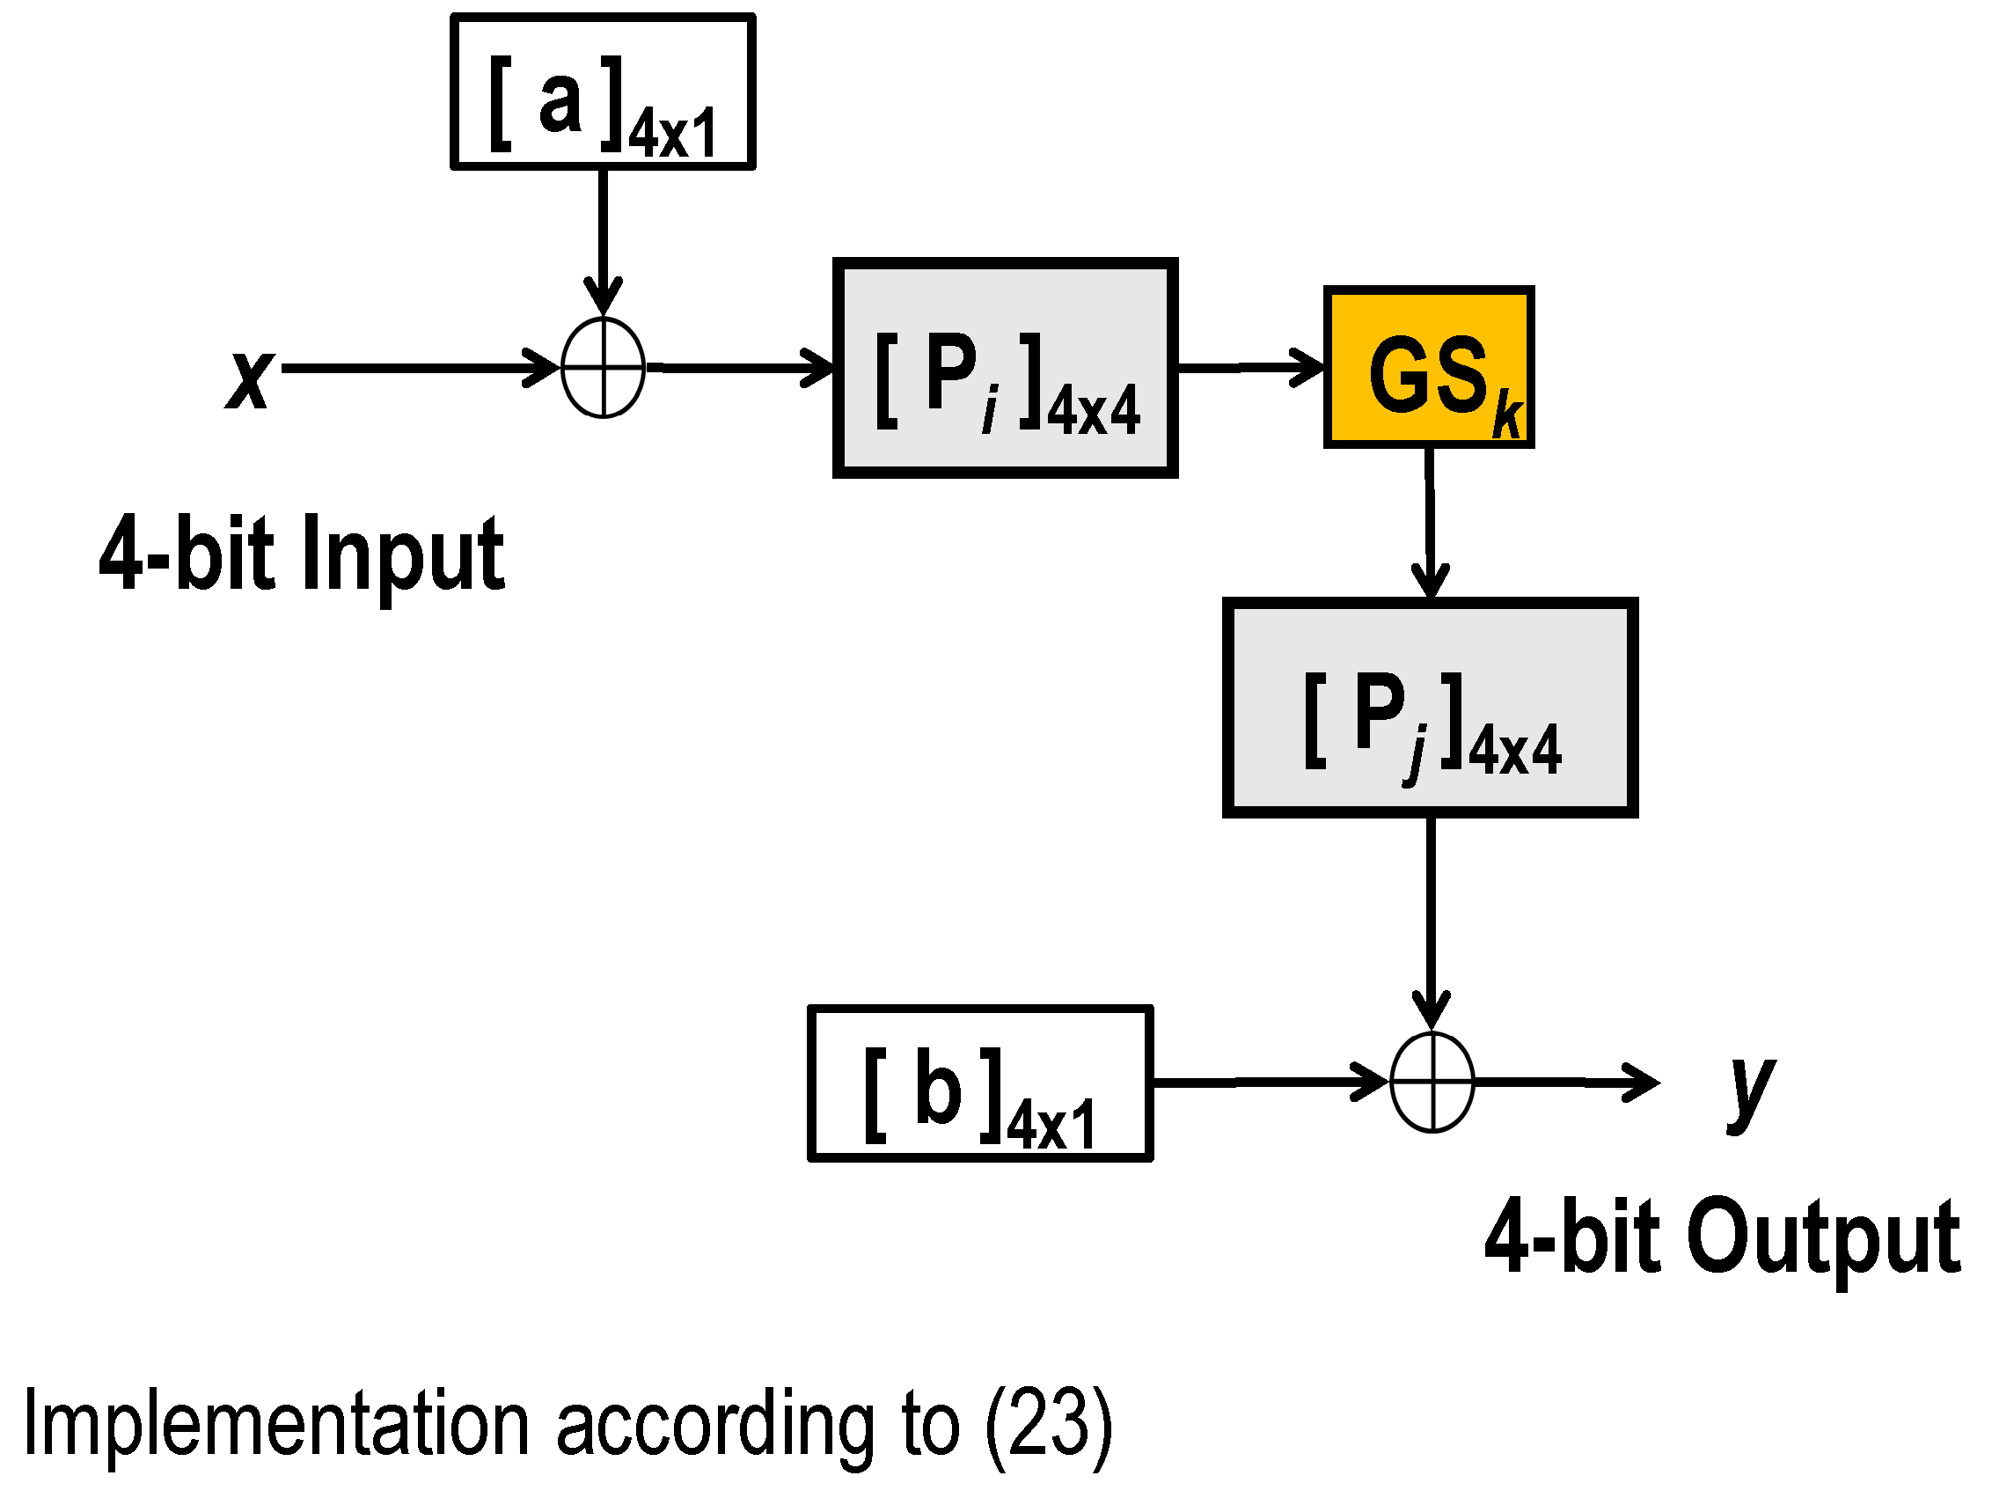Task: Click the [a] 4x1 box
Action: click(x=603, y=92)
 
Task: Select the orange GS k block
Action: click(x=1428, y=366)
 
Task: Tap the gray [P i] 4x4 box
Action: click(x=1005, y=368)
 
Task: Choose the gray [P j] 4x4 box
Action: click(x=1429, y=707)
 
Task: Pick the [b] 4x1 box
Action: click(x=980, y=1083)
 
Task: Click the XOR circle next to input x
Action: click(x=603, y=368)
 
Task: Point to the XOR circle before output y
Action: click(x=1431, y=1082)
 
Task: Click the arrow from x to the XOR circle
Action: click(x=414, y=368)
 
